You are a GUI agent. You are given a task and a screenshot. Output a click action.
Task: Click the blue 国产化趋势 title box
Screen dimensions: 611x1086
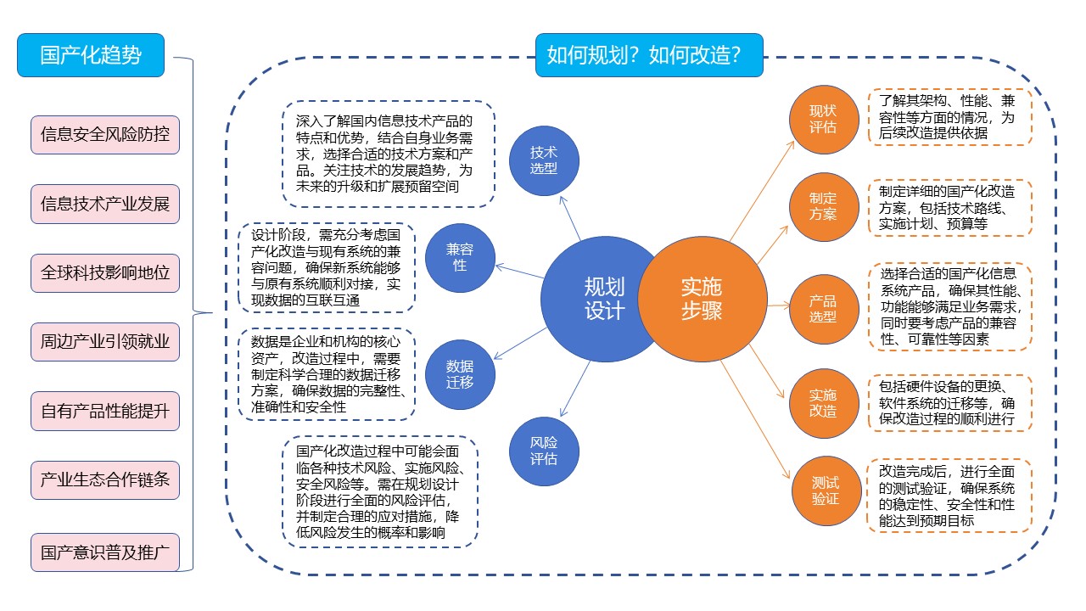91,55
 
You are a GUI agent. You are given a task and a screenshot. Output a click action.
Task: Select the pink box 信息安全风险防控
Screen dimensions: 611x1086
105,134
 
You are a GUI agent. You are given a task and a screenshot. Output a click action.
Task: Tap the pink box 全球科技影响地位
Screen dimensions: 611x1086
105,273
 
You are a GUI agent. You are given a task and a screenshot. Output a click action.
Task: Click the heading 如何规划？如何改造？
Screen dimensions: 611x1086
649,55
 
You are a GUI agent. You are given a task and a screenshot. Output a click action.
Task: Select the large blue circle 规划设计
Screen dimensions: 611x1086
604,299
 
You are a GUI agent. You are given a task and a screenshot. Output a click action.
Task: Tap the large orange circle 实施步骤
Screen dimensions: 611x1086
701,299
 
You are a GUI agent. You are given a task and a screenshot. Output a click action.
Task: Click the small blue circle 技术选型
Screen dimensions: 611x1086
544,159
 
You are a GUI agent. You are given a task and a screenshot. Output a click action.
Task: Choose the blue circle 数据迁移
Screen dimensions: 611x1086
460,373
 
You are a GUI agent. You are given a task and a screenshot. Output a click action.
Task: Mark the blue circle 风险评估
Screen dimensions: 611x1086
544,451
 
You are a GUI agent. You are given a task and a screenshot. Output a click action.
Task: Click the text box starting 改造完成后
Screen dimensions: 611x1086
949,496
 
